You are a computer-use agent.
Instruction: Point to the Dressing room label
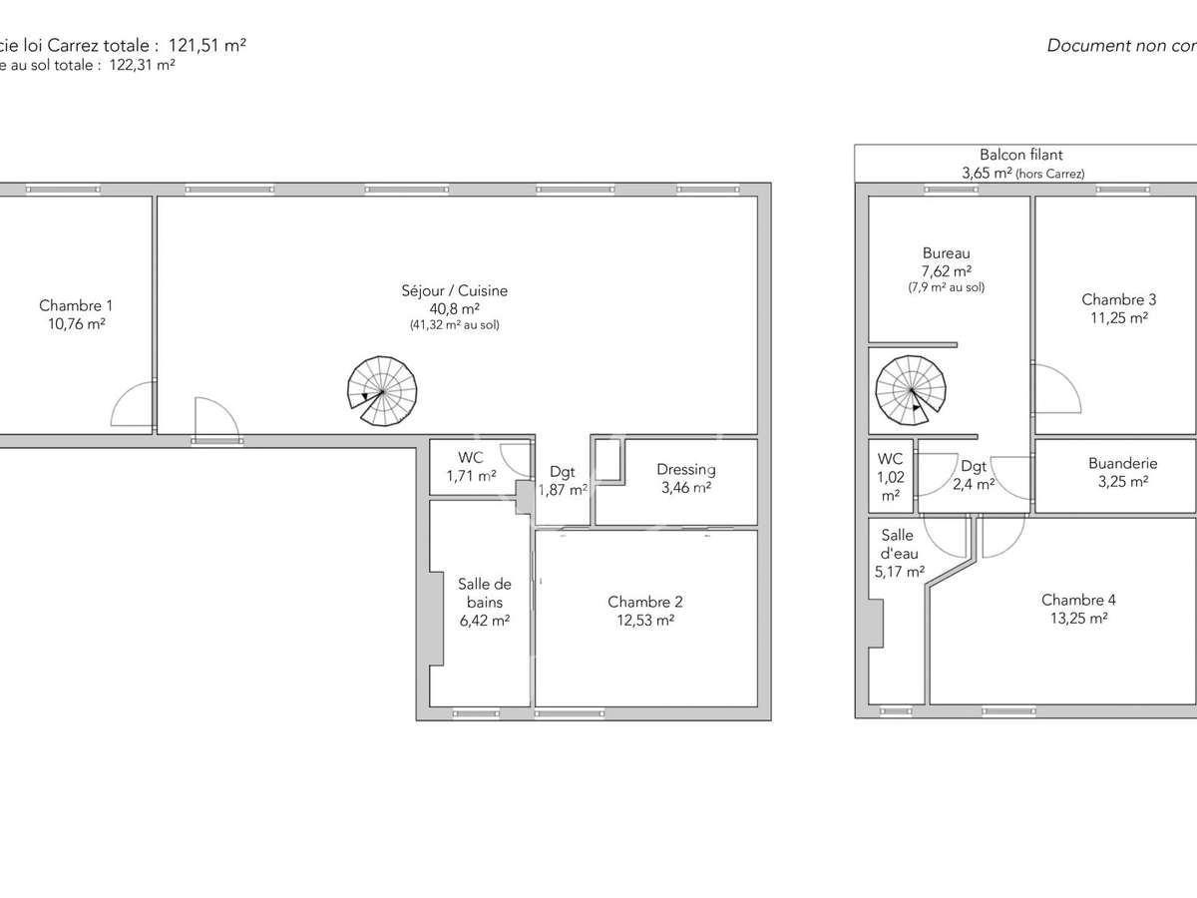tap(685, 470)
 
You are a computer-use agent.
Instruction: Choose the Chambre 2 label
tap(645, 602)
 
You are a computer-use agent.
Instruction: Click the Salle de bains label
tap(484, 593)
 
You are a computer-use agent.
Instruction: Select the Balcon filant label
tap(1020, 155)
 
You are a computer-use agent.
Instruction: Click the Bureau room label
tap(946, 253)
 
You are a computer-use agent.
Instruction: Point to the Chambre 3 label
tap(1119, 299)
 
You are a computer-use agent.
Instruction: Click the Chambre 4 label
tap(1078, 600)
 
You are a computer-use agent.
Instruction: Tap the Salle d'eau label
tap(897, 545)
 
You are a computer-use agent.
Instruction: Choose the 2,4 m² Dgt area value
tap(973, 484)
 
